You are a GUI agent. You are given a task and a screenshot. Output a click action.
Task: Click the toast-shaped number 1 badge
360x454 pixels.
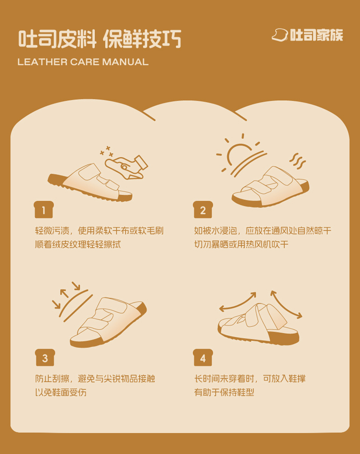click(x=43, y=209)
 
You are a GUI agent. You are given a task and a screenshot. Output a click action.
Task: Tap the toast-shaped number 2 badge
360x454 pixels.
click(x=203, y=209)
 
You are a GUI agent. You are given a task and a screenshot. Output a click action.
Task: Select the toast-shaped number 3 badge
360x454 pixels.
click(x=45, y=357)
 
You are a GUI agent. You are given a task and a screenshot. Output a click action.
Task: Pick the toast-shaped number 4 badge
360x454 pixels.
click(x=203, y=357)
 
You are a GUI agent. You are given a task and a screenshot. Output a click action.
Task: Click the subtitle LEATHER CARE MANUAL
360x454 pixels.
click(x=83, y=62)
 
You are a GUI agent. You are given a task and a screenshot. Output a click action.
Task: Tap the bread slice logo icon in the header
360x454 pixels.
click(x=279, y=35)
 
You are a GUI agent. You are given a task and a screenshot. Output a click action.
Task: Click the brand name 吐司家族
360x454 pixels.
click(x=316, y=35)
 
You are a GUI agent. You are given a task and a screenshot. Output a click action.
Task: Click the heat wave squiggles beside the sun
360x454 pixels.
click(x=298, y=161)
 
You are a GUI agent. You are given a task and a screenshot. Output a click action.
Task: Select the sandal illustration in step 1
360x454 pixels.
click(x=90, y=182)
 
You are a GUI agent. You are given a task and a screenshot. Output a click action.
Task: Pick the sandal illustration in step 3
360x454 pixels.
click(x=108, y=322)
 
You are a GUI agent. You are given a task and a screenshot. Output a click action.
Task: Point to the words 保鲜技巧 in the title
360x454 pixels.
click(x=142, y=39)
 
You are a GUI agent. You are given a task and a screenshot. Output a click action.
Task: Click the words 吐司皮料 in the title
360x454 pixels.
click(x=57, y=39)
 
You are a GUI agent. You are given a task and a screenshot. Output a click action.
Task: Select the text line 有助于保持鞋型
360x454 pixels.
click(x=224, y=392)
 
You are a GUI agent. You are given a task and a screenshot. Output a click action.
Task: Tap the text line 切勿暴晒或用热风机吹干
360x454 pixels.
click(x=242, y=244)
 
